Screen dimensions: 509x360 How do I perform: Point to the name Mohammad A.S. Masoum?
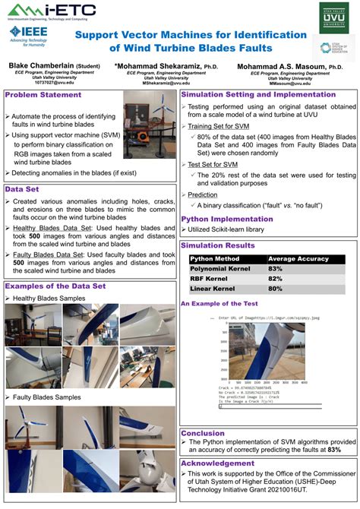[292, 67]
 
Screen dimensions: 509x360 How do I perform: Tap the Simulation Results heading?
[218, 245]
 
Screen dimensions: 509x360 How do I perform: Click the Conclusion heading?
[203, 433]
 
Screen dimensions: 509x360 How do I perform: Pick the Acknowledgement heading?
[218, 462]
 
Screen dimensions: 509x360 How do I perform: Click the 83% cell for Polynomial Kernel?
[275, 269]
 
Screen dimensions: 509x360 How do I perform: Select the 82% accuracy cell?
[275, 279]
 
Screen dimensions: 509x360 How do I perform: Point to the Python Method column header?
[215, 259]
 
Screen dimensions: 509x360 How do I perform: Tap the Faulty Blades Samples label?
[46, 397]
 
